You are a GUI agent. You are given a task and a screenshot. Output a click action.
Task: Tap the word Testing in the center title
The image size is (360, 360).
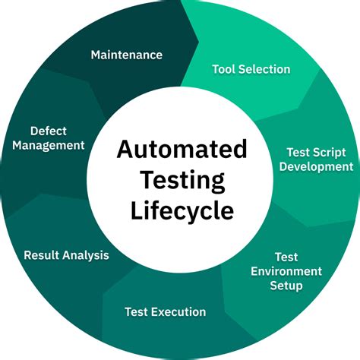click(182, 180)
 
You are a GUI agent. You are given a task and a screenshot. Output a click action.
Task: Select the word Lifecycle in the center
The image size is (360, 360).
click(182, 210)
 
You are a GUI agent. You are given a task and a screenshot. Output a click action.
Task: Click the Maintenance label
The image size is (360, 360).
click(127, 55)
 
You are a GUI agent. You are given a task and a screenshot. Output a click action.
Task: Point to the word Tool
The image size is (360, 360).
click(224, 69)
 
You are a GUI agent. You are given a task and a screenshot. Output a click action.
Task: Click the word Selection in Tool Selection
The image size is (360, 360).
click(264, 69)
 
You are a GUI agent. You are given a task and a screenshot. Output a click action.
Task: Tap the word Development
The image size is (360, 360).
click(316, 166)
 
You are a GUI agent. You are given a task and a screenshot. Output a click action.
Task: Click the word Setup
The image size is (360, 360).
click(287, 286)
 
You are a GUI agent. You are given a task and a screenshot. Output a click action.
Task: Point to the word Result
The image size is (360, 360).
click(43, 255)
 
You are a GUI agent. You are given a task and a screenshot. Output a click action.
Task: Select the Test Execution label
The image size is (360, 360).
click(165, 311)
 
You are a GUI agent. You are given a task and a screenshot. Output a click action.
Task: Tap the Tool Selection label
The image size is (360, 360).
click(251, 69)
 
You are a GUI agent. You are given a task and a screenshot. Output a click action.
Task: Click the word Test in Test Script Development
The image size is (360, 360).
click(298, 152)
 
